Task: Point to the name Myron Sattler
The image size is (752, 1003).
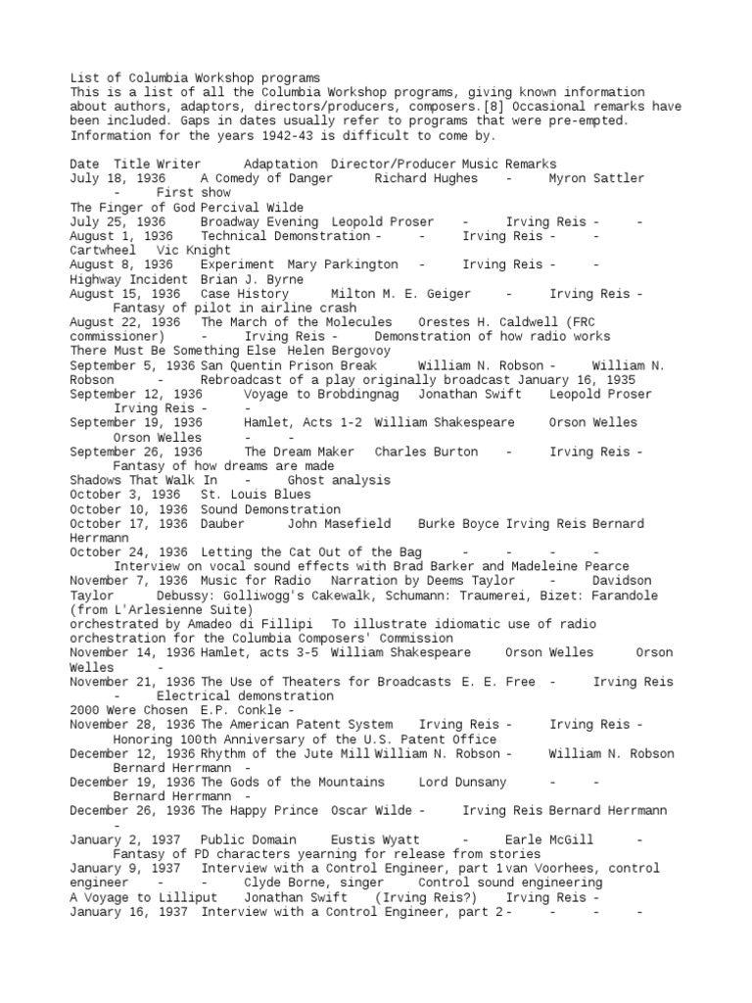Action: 597,178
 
